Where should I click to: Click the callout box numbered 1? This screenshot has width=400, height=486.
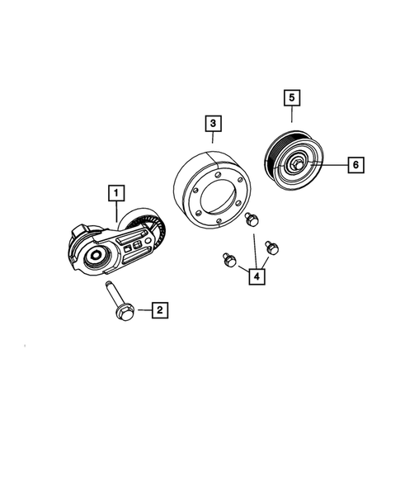point(119,194)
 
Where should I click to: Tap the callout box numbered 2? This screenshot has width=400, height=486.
point(159,310)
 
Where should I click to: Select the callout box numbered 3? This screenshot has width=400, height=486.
point(213,125)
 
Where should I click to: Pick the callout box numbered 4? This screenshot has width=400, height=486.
point(257,275)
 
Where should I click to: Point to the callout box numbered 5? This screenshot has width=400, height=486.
point(291,98)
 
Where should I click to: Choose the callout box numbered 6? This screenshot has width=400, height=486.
point(355,166)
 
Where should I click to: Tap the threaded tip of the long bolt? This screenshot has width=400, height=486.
point(109,285)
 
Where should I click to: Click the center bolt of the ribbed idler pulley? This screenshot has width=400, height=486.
point(294,165)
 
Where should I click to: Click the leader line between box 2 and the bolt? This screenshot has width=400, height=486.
point(142,310)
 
